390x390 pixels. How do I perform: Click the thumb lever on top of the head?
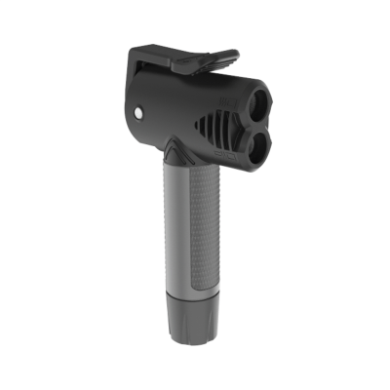[x=200, y=60]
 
